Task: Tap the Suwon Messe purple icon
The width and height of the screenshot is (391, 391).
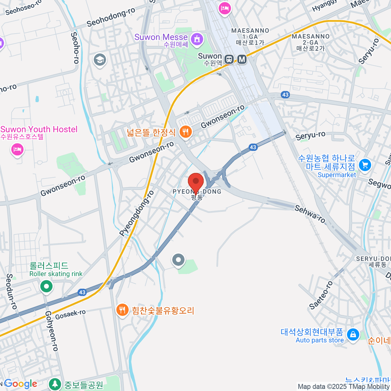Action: [x=197, y=39]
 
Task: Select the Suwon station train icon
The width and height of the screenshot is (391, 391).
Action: [x=229, y=59]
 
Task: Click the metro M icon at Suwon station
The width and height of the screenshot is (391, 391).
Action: [x=242, y=59]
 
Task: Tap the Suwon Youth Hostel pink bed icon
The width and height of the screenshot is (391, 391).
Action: [x=17, y=150]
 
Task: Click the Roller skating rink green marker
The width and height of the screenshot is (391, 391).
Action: [x=46, y=287]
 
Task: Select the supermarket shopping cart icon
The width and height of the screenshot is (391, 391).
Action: [x=365, y=165]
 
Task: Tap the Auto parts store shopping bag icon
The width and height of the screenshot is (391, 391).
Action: [x=353, y=334]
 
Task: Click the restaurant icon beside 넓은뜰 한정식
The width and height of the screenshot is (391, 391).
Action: [x=185, y=132]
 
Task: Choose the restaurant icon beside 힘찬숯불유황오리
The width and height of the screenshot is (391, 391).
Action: [x=122, y=310]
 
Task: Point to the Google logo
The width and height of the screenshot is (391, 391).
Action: [x=21, y=384]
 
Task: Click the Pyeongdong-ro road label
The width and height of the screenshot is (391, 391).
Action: [x=137, y=213]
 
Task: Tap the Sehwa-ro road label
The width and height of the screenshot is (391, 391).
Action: [x=310, y=214]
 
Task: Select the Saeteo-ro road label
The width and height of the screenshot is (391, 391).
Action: [x=321, y=295]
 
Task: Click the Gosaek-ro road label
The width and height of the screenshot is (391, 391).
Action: [x=70, y=314]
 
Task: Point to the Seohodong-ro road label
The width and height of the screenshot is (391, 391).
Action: [x=111, y=17]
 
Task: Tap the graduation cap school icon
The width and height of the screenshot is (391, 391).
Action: [x=100, y=60]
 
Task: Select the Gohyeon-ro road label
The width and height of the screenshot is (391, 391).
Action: [x=51, y=331]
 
